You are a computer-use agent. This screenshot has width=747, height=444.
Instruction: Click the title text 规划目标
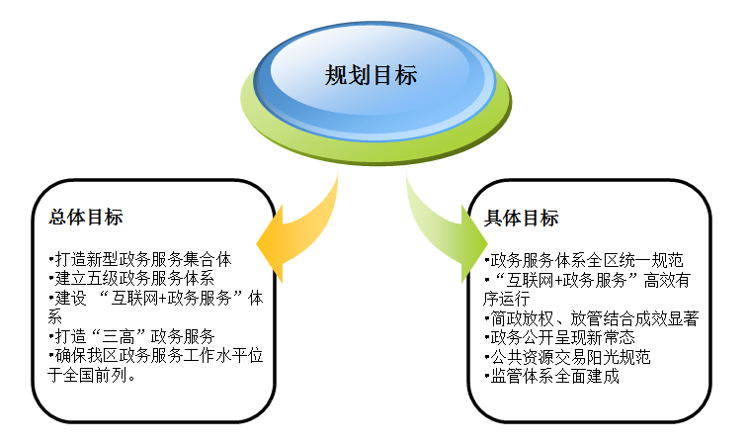click(x=371, y=76)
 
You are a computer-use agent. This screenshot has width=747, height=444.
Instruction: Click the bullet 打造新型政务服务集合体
click(x=139, y=260)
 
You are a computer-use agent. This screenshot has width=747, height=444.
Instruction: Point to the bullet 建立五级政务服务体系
click(x=132, y=279)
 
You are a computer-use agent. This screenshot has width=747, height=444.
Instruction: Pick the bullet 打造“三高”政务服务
click(x=132, y=336)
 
